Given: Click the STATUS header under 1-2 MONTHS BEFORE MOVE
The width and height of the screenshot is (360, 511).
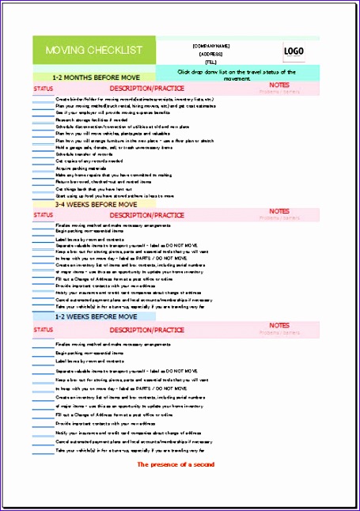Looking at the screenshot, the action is [x=44, y=89].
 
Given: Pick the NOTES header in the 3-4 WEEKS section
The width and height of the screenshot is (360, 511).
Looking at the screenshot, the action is [x=279, y=211].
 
